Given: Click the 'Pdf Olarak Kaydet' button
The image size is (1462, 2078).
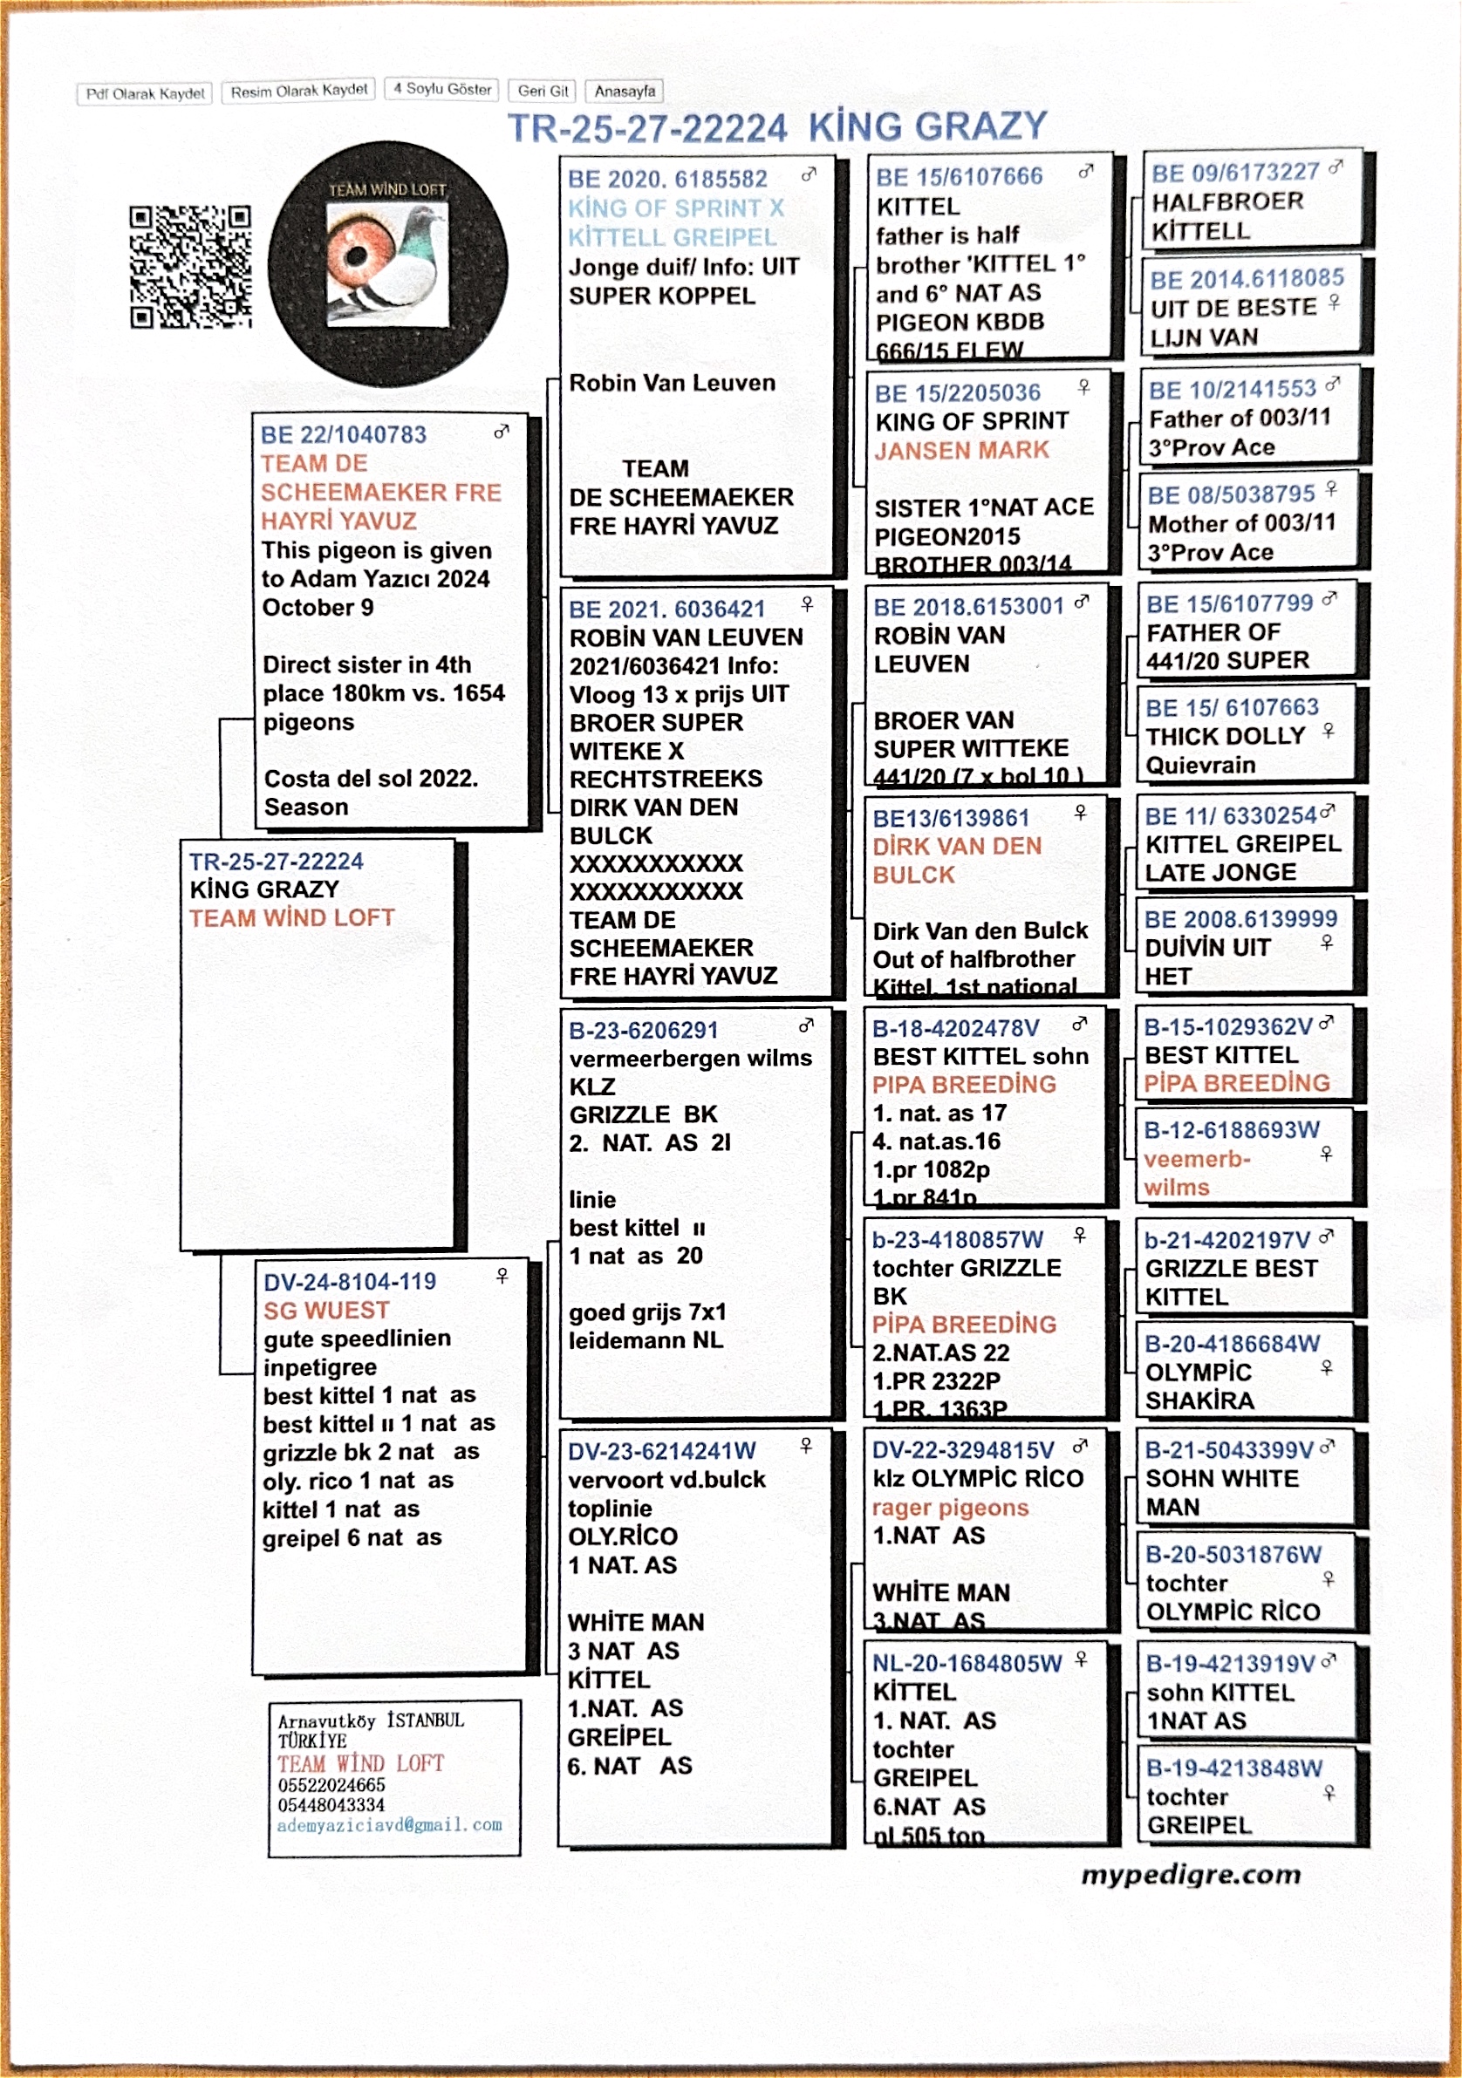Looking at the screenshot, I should (145, 94).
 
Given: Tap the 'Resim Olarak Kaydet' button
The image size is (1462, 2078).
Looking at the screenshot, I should (298, 91).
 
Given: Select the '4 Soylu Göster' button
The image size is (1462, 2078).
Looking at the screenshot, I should (442, 89).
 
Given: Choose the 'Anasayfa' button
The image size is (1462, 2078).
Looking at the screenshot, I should (625, 92).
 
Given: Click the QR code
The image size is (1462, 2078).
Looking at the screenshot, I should (190, 267).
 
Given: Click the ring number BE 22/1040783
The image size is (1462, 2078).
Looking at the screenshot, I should (343, 434).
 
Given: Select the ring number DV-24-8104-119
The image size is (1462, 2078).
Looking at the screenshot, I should (350, 1282).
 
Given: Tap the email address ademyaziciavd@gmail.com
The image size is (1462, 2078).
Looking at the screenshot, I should (389, 1824).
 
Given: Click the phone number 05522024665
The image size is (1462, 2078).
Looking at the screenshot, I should (331, 1785).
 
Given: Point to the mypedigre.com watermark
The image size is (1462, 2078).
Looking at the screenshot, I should (1191, 1874).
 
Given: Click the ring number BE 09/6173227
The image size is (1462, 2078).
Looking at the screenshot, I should (1235, 172).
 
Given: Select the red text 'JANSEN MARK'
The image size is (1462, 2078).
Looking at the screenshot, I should (961, 450).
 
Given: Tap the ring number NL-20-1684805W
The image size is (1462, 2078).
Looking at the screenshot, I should (966, 1663).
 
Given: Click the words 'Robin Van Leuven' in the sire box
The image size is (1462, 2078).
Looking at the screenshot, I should (672, 383).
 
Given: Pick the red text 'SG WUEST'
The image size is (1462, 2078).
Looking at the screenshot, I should (326, 1310).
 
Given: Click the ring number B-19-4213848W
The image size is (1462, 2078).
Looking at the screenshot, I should (1233, 1768).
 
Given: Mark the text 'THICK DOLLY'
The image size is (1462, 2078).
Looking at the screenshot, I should (1225, 736).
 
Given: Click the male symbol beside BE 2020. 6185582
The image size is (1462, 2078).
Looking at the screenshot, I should (809, 174).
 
